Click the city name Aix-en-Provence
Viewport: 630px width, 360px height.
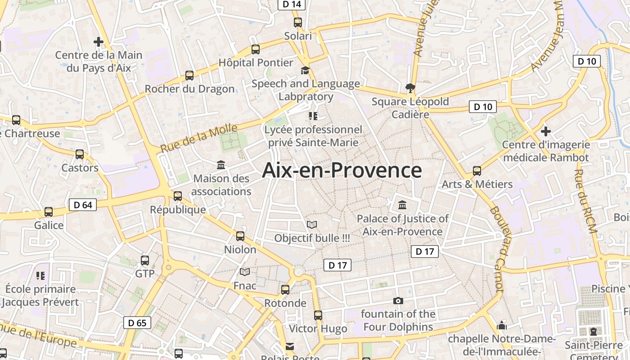pos(342,171)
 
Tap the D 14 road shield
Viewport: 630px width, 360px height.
pos(292,4)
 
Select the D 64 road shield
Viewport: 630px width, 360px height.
pos(83,205)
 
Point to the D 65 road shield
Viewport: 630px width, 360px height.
pos(137,323)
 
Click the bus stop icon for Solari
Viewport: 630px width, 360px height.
pos(298,22)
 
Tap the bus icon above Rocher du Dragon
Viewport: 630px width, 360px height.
pos(189,76)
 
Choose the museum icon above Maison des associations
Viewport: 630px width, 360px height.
pos(221,165)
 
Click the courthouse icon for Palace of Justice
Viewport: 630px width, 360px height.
pos(402,205)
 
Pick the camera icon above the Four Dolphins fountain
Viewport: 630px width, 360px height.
pos(398,301)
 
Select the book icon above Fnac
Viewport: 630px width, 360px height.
pos(245,272)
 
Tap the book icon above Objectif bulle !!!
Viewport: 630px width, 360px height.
pos(312,224)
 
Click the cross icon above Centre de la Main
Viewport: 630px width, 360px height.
pos(99,42)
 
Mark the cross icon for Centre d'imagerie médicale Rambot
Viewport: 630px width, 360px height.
pos(546,131)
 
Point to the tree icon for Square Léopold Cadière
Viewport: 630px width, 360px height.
pos(410,88)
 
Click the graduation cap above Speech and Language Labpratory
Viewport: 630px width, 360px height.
pos(306,70)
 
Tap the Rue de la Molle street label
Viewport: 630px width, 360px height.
pos(199,138)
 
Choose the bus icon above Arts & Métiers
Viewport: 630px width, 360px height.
pos(477,171)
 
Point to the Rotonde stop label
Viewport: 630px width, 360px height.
pos(285,303)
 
